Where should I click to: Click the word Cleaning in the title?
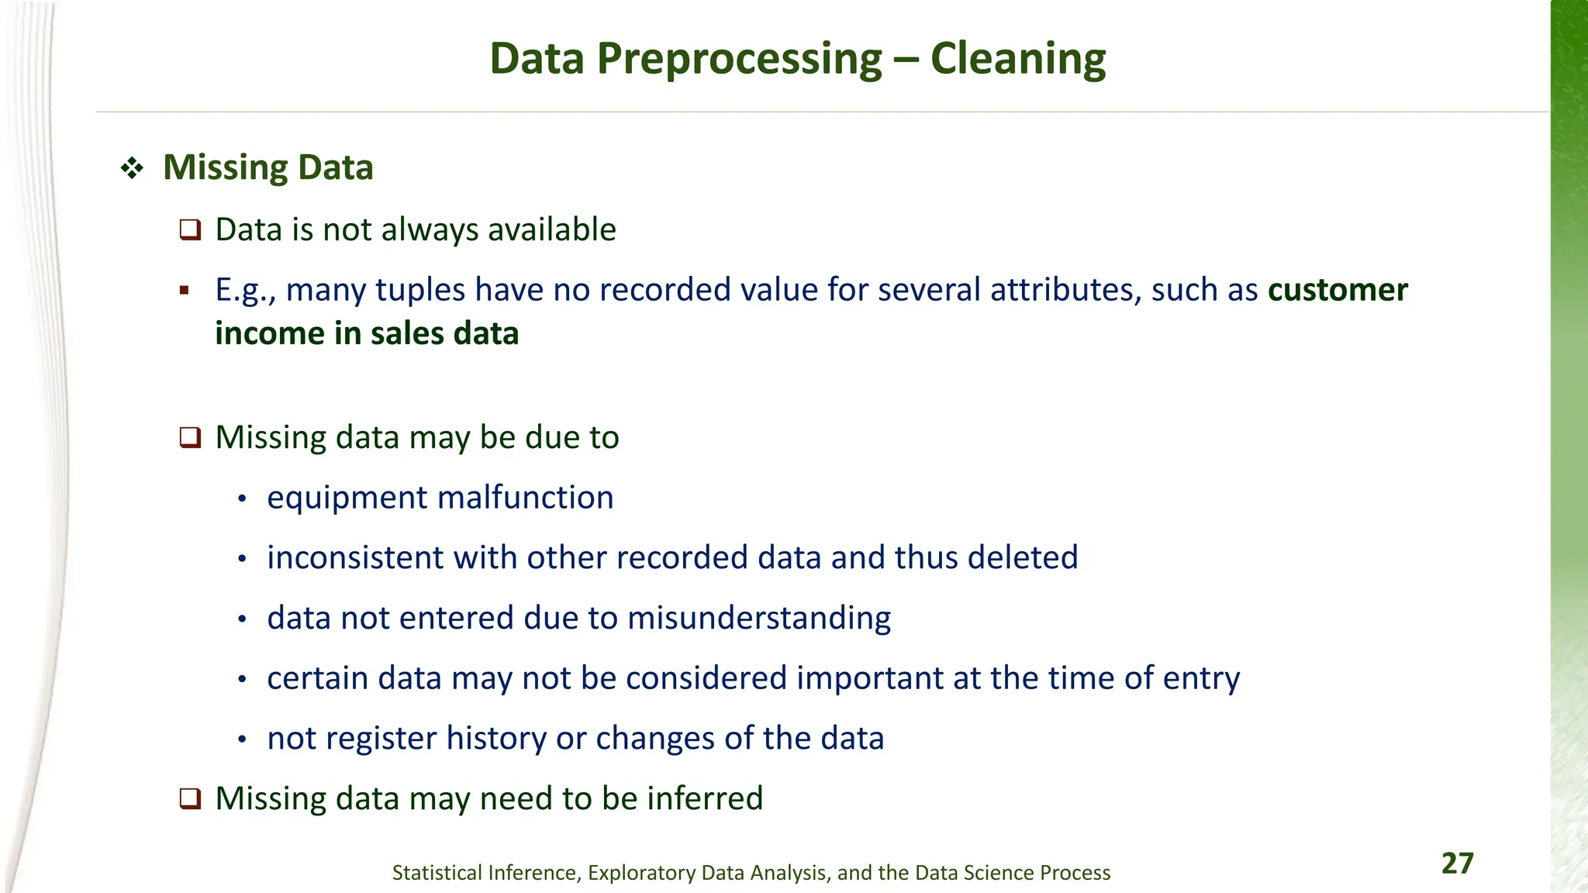pos(1017,59)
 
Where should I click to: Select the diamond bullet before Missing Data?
pos(132,168)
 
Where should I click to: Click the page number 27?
pos(1457,864)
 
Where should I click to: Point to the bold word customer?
pos(1338,290)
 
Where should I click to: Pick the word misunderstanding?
pos(758,618)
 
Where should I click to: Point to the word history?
pos(496,738)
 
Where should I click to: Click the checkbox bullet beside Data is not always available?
pos(190,230)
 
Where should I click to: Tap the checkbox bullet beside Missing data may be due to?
pos(190,438)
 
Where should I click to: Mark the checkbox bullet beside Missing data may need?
pos(190,798)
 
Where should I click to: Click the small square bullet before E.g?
pos(184,291)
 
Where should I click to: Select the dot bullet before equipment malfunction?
pos(242,499)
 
